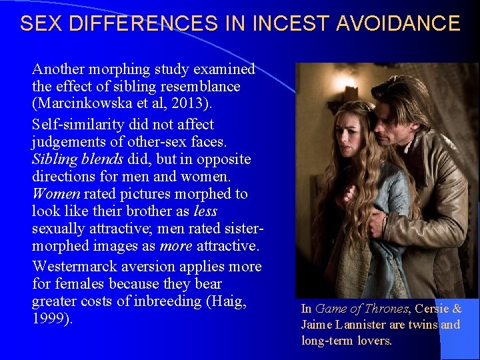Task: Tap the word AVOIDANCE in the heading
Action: (x=398, y=24)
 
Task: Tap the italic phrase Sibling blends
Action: (x=75, y=159)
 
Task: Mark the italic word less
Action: (x=205, y=211)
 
